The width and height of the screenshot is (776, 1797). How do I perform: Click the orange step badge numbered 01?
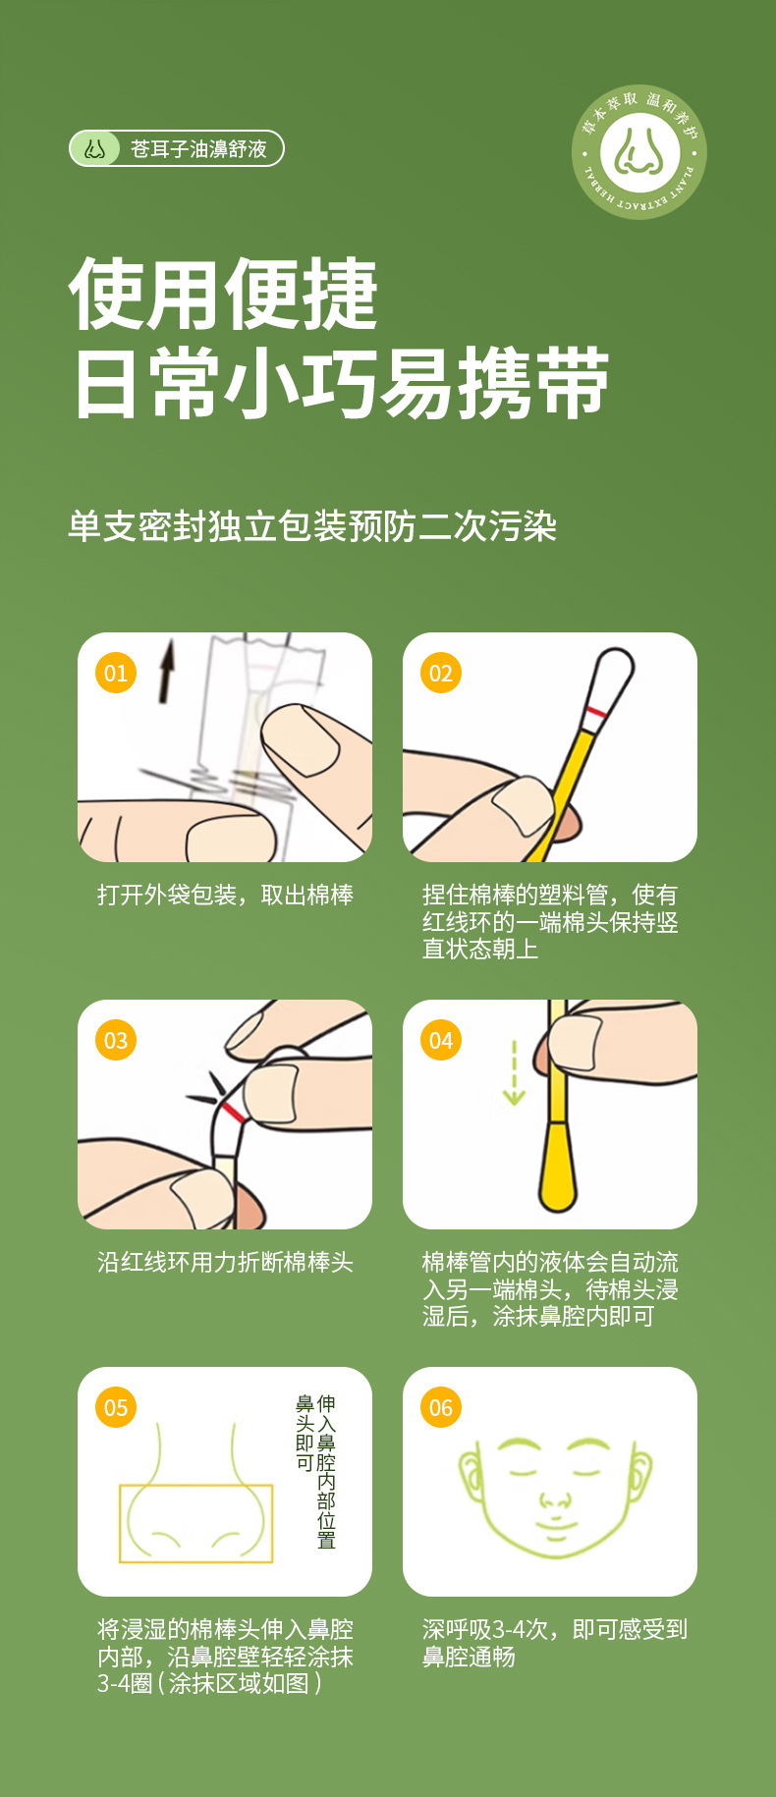click(x=116, y=673)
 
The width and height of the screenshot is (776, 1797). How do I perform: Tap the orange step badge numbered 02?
click(x=441, y=673)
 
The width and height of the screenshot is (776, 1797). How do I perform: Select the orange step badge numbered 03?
click(x=116, y=1040)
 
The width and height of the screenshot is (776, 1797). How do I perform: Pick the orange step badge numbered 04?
click(x=441, y=1040)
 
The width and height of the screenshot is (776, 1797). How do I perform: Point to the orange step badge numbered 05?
click(x=116, y=1407)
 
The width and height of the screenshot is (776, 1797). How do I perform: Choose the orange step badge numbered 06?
click(x=441, y=1407)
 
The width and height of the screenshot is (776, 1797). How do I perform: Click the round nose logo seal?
click(x=639, y=151)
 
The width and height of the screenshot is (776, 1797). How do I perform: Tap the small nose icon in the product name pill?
click(x=95, y=149)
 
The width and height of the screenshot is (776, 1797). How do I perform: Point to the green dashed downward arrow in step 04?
click(x=514, y=1073)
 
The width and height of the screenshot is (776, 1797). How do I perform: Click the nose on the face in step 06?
click(x=555, y=1499)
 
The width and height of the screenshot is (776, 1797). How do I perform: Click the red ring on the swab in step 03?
click(x=232, y=1112)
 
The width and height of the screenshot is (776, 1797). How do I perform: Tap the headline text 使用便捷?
click(x=224, y=294)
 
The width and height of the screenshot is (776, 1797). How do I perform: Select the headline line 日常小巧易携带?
click(x=341, y=383)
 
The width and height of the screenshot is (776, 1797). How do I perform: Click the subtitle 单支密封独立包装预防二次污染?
click(x=312, y=526)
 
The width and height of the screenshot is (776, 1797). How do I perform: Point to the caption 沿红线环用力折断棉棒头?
click(x=225, y=1262)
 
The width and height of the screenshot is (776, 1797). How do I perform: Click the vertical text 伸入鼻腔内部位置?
click(x=326, y=1471)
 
